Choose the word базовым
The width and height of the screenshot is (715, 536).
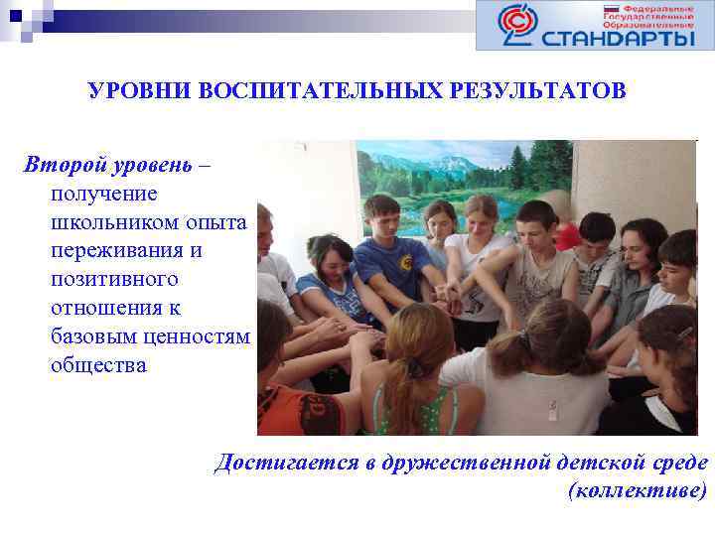pos(95,336)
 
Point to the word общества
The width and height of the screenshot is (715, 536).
pos(98,365)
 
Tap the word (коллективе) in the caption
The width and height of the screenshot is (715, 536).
pos(637,490)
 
